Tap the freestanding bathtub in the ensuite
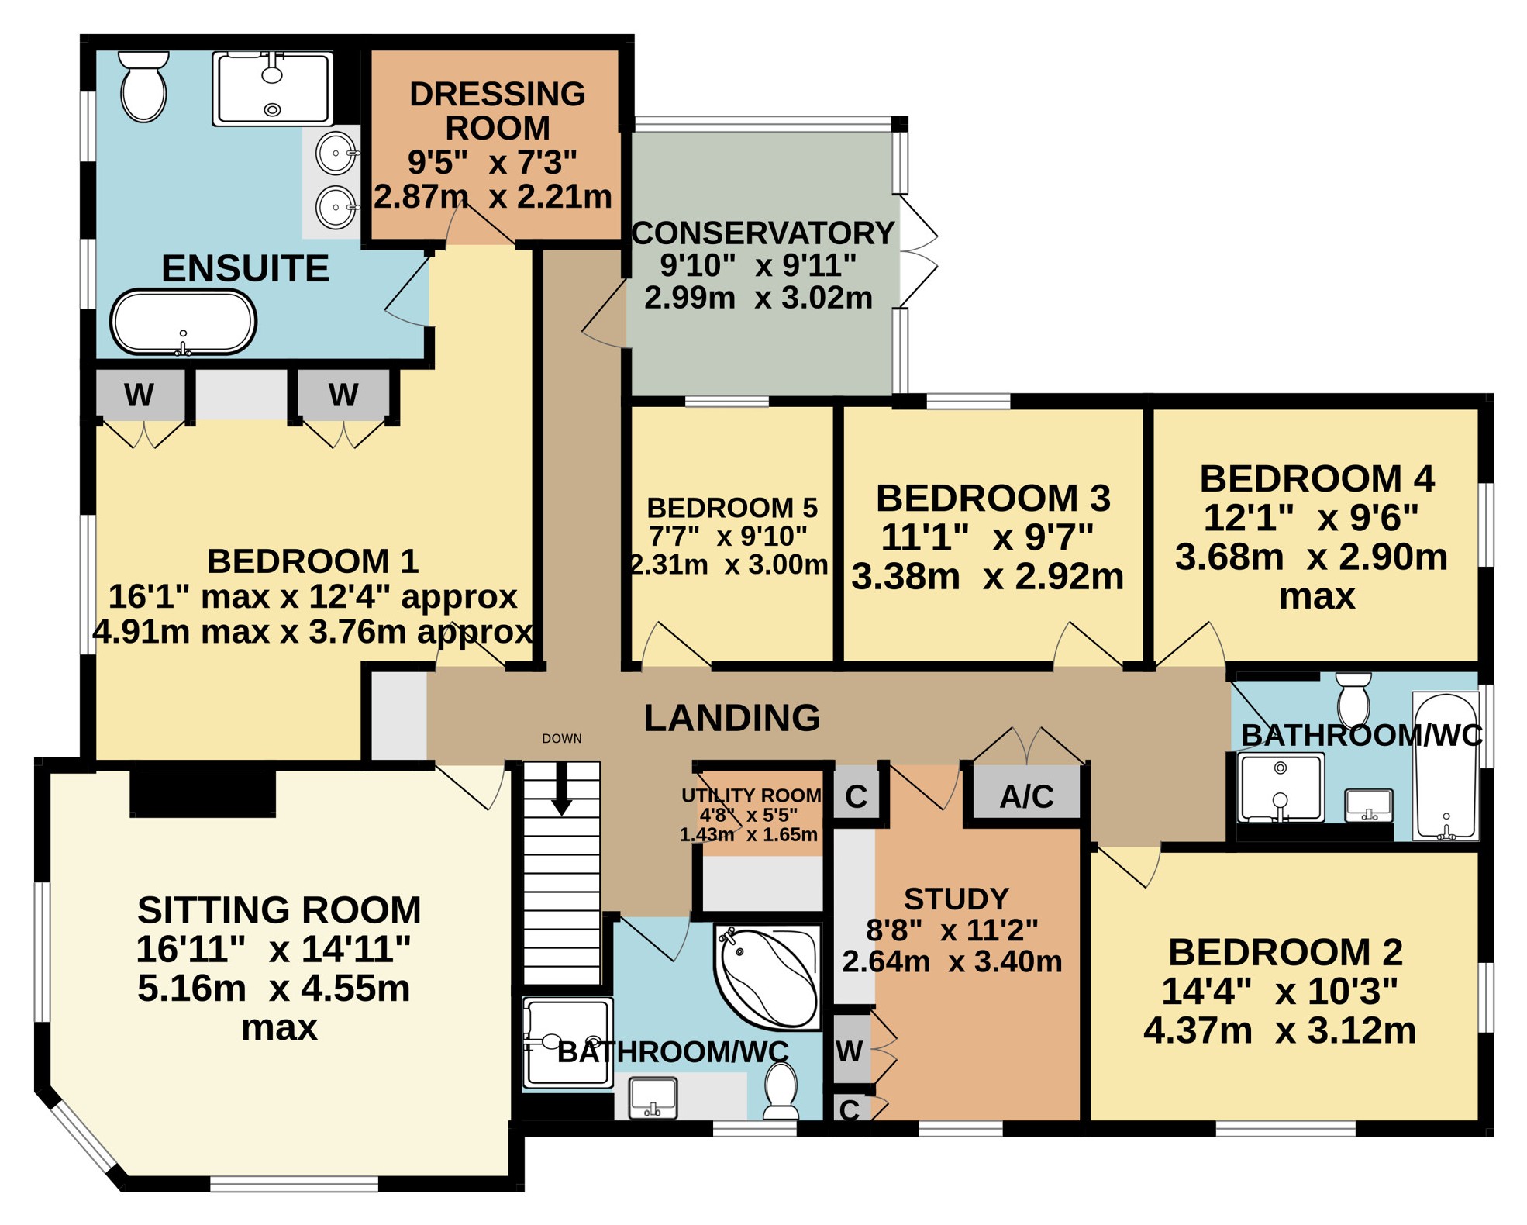pos(183,323)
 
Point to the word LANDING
pos(732,718)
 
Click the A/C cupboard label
pos(1026,796)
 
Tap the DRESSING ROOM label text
pos(498,111)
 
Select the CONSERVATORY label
pos(763,233)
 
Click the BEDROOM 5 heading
pos(732,508)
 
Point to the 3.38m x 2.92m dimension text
pos(988,576)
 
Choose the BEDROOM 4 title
pos(1317,478)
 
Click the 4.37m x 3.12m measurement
pos(1280,1030)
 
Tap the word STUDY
pos(957,899)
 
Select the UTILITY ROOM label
pos(751,795)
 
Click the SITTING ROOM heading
pos(279,909)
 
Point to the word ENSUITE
pos(245,268)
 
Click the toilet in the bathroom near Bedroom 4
pos(1354,699)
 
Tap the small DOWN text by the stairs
pos(562,739)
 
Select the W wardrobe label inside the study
pos(850,1051)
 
